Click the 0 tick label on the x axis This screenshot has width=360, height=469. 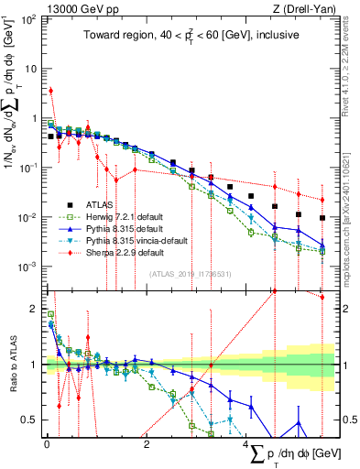click(47, 444)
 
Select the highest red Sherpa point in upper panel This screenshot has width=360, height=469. click(51, 91)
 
